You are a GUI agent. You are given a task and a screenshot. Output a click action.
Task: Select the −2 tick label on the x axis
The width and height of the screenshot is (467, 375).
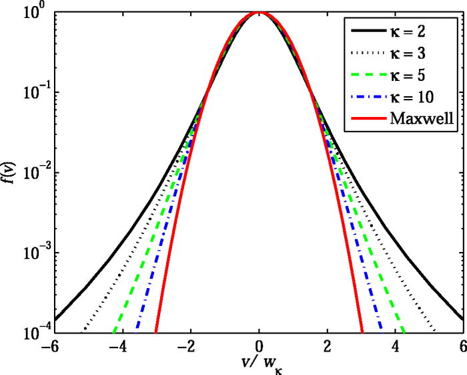pos(189,348)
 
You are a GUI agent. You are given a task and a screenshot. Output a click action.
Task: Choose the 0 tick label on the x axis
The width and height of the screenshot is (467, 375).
pos(260,348)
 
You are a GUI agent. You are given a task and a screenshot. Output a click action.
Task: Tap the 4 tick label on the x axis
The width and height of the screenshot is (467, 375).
pos(395,348)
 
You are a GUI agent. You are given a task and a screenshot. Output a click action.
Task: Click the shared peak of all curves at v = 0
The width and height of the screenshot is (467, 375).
pos(260,13)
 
